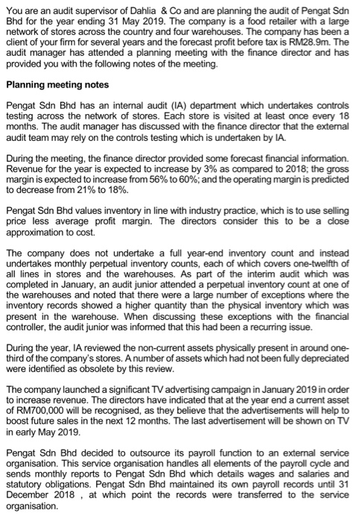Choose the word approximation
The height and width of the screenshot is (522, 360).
37,236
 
